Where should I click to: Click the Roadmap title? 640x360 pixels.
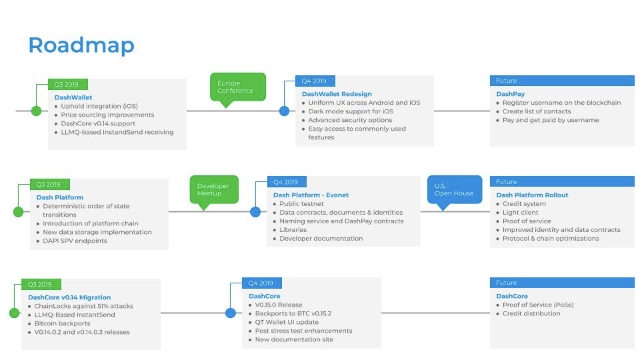81,45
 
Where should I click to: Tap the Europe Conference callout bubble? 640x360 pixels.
237,87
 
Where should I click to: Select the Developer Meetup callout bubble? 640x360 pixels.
213,189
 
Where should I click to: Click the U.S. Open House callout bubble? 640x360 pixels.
454,189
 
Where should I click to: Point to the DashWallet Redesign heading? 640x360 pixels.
337,94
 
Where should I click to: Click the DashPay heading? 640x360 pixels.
510,94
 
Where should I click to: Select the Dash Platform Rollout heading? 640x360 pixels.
532,195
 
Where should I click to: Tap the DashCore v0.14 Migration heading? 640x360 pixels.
69,297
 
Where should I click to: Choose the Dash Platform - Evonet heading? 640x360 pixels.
311,195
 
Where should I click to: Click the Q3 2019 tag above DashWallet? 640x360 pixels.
67,85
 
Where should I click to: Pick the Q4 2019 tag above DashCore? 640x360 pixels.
261,283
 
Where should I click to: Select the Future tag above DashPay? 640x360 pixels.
507,81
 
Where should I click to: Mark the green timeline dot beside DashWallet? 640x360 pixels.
36,111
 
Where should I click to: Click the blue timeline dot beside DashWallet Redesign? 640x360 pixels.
285,111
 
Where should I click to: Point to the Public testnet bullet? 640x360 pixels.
301,204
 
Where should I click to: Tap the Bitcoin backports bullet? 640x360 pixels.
62,323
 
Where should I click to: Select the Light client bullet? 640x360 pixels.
520,213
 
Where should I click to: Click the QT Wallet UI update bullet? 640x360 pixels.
287,322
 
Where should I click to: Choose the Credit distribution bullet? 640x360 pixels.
531,313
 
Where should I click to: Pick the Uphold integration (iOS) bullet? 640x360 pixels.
99,106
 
